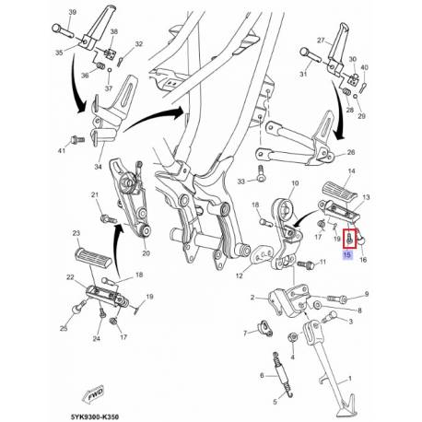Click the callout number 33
pos(240,181)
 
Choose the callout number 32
pos(137,44)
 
